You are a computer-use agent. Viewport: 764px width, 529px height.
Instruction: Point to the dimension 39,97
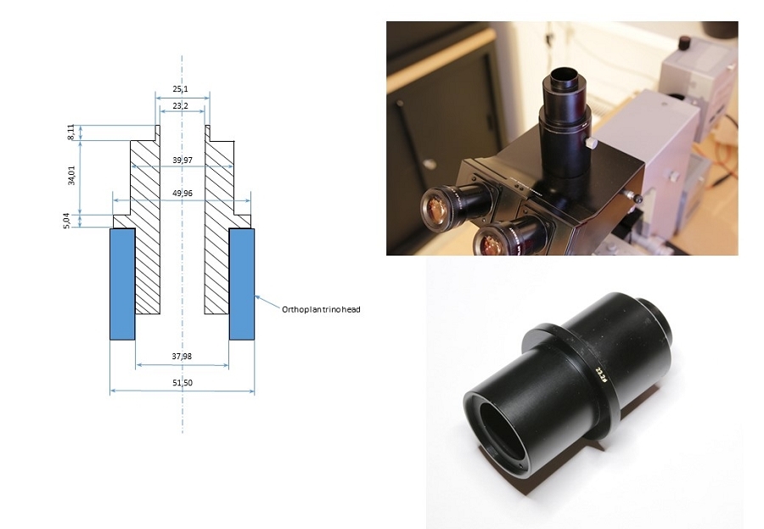pyautogui.click(x=182, y=160)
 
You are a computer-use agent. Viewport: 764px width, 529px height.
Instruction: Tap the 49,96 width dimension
pyautogui.click(x=182, y=194)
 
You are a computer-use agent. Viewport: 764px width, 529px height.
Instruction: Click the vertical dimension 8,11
pyautogui.click(x=71, y=133)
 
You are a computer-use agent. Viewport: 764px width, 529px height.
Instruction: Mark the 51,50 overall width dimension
pyautogui.click(x=182, y=383)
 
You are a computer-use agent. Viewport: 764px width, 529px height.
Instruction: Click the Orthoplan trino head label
pyautogui.click(x=321, y=310)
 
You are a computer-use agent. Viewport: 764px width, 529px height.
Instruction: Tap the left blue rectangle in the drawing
pyautogui.click(x=122, y=284)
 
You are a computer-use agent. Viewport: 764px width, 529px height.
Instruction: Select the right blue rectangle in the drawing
pyautogui.click(x=242, y=284)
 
